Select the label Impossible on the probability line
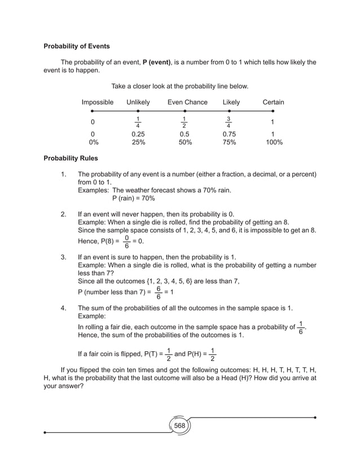(97, 102)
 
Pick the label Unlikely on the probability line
(138, 102)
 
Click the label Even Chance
(187, 102)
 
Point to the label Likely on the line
(231, 102)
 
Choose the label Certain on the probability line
(273, 102)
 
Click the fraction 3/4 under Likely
(228, 122)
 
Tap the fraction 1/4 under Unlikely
(138, 122)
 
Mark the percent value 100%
(274, 143)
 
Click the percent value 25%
(138, 143)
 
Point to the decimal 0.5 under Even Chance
(185, 135)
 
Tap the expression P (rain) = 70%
(133, 199)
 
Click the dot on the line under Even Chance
(185, 112)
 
